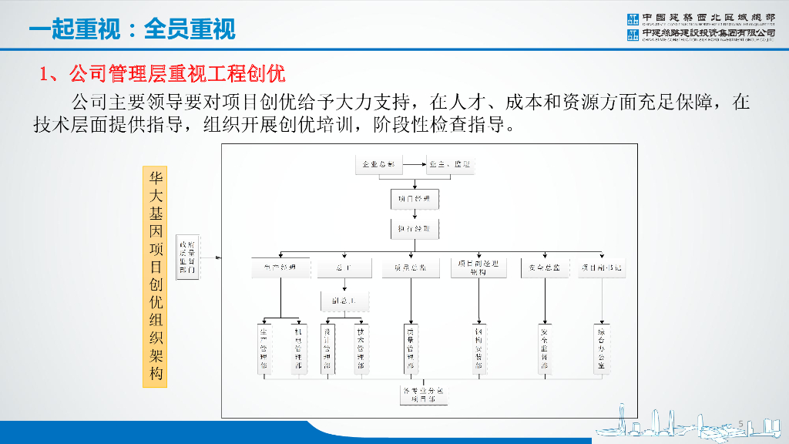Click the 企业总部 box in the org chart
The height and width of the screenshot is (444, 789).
pos(378,164)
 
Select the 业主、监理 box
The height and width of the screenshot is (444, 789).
pos(450,164)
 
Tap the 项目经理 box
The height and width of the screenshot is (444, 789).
pos(415,199)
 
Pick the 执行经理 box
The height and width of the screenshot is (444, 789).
pos(415,230)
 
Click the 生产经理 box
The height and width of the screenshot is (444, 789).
pos(280,267)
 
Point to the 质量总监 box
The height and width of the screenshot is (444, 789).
pos(410,267)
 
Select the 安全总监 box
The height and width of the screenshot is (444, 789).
pos(544,267)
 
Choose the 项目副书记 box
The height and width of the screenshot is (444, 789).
pos(601,267)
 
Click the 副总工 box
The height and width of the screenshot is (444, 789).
pos(343,300)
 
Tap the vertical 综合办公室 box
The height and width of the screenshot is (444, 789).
pos(601,348)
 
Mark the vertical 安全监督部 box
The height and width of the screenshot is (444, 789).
pos(544,348)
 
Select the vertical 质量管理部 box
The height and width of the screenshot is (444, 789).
pos(410,348)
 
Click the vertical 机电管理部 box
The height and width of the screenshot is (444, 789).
pos(297,348)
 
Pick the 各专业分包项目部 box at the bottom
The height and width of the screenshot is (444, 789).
pos(423,395)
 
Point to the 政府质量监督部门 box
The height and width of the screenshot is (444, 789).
pos(187,257)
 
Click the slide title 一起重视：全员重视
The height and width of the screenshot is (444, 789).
pos(132,29)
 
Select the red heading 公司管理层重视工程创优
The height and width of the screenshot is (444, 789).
pos(163,74)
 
